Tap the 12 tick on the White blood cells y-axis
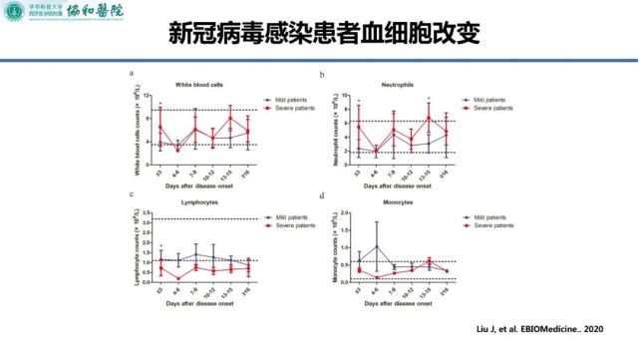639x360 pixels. (x=147, y=96)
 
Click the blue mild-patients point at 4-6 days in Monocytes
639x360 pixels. (x=377, y=246)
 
